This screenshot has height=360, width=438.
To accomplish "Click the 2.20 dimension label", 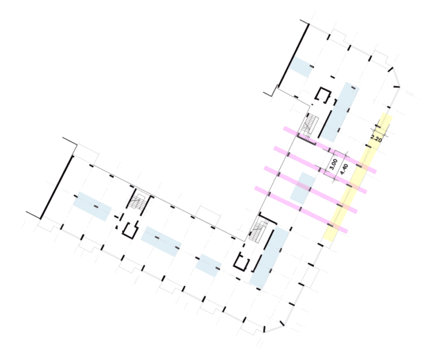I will [377, 137].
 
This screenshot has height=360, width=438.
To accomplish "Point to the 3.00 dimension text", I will [334, 165].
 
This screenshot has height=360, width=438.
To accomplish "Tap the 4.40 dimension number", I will [344, 168].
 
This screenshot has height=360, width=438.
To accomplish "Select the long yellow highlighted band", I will [358, 177].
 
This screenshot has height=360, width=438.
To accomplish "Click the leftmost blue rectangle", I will [92, 206].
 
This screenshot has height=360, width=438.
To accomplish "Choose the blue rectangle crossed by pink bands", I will [303, 188].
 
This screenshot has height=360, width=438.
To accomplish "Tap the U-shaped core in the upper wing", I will [322, 94].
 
